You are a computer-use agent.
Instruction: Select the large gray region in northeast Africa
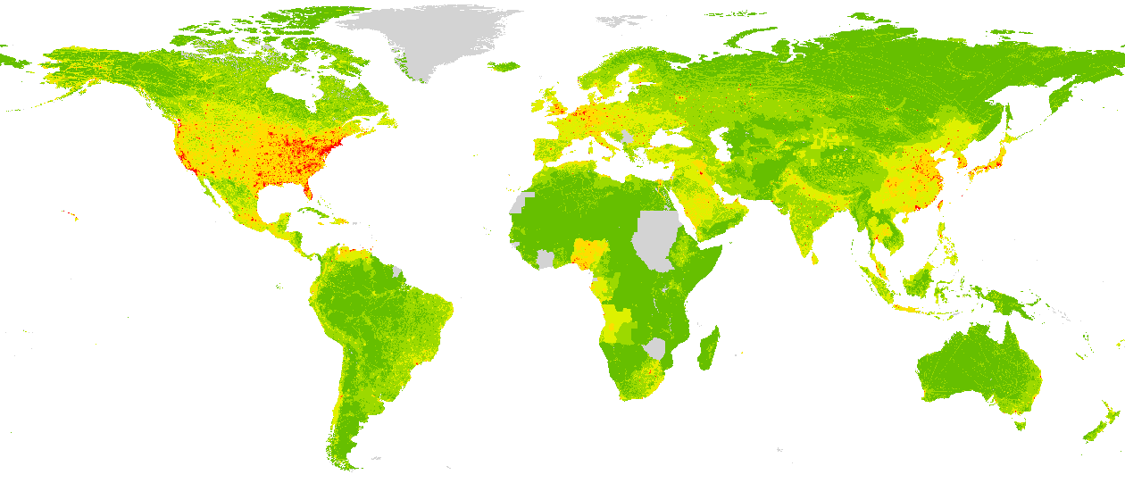coord(658,239)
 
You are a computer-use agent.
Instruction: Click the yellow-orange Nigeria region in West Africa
coord(587,253)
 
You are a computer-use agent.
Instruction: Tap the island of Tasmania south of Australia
coord(1019,425)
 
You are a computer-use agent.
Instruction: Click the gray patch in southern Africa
coord(656,348)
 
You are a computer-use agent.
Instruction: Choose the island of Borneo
coord(920,284)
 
